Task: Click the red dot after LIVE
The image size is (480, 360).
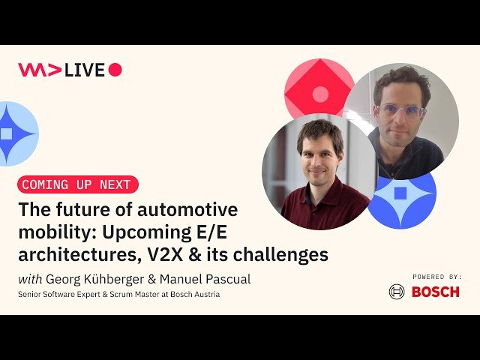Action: (115, 70)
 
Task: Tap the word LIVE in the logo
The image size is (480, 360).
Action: (85, 70)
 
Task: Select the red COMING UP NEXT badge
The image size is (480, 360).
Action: (77, 184)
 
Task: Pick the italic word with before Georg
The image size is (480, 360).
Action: (30, 279)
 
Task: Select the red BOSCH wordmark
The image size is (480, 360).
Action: (435, 292)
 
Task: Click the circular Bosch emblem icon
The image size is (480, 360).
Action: (397, 292)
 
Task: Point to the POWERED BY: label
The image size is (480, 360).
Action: (436, 276)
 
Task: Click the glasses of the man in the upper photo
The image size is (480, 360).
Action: (400, 111)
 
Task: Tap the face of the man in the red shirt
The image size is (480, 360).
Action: (319, 154)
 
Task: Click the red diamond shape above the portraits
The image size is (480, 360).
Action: (319, 88)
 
